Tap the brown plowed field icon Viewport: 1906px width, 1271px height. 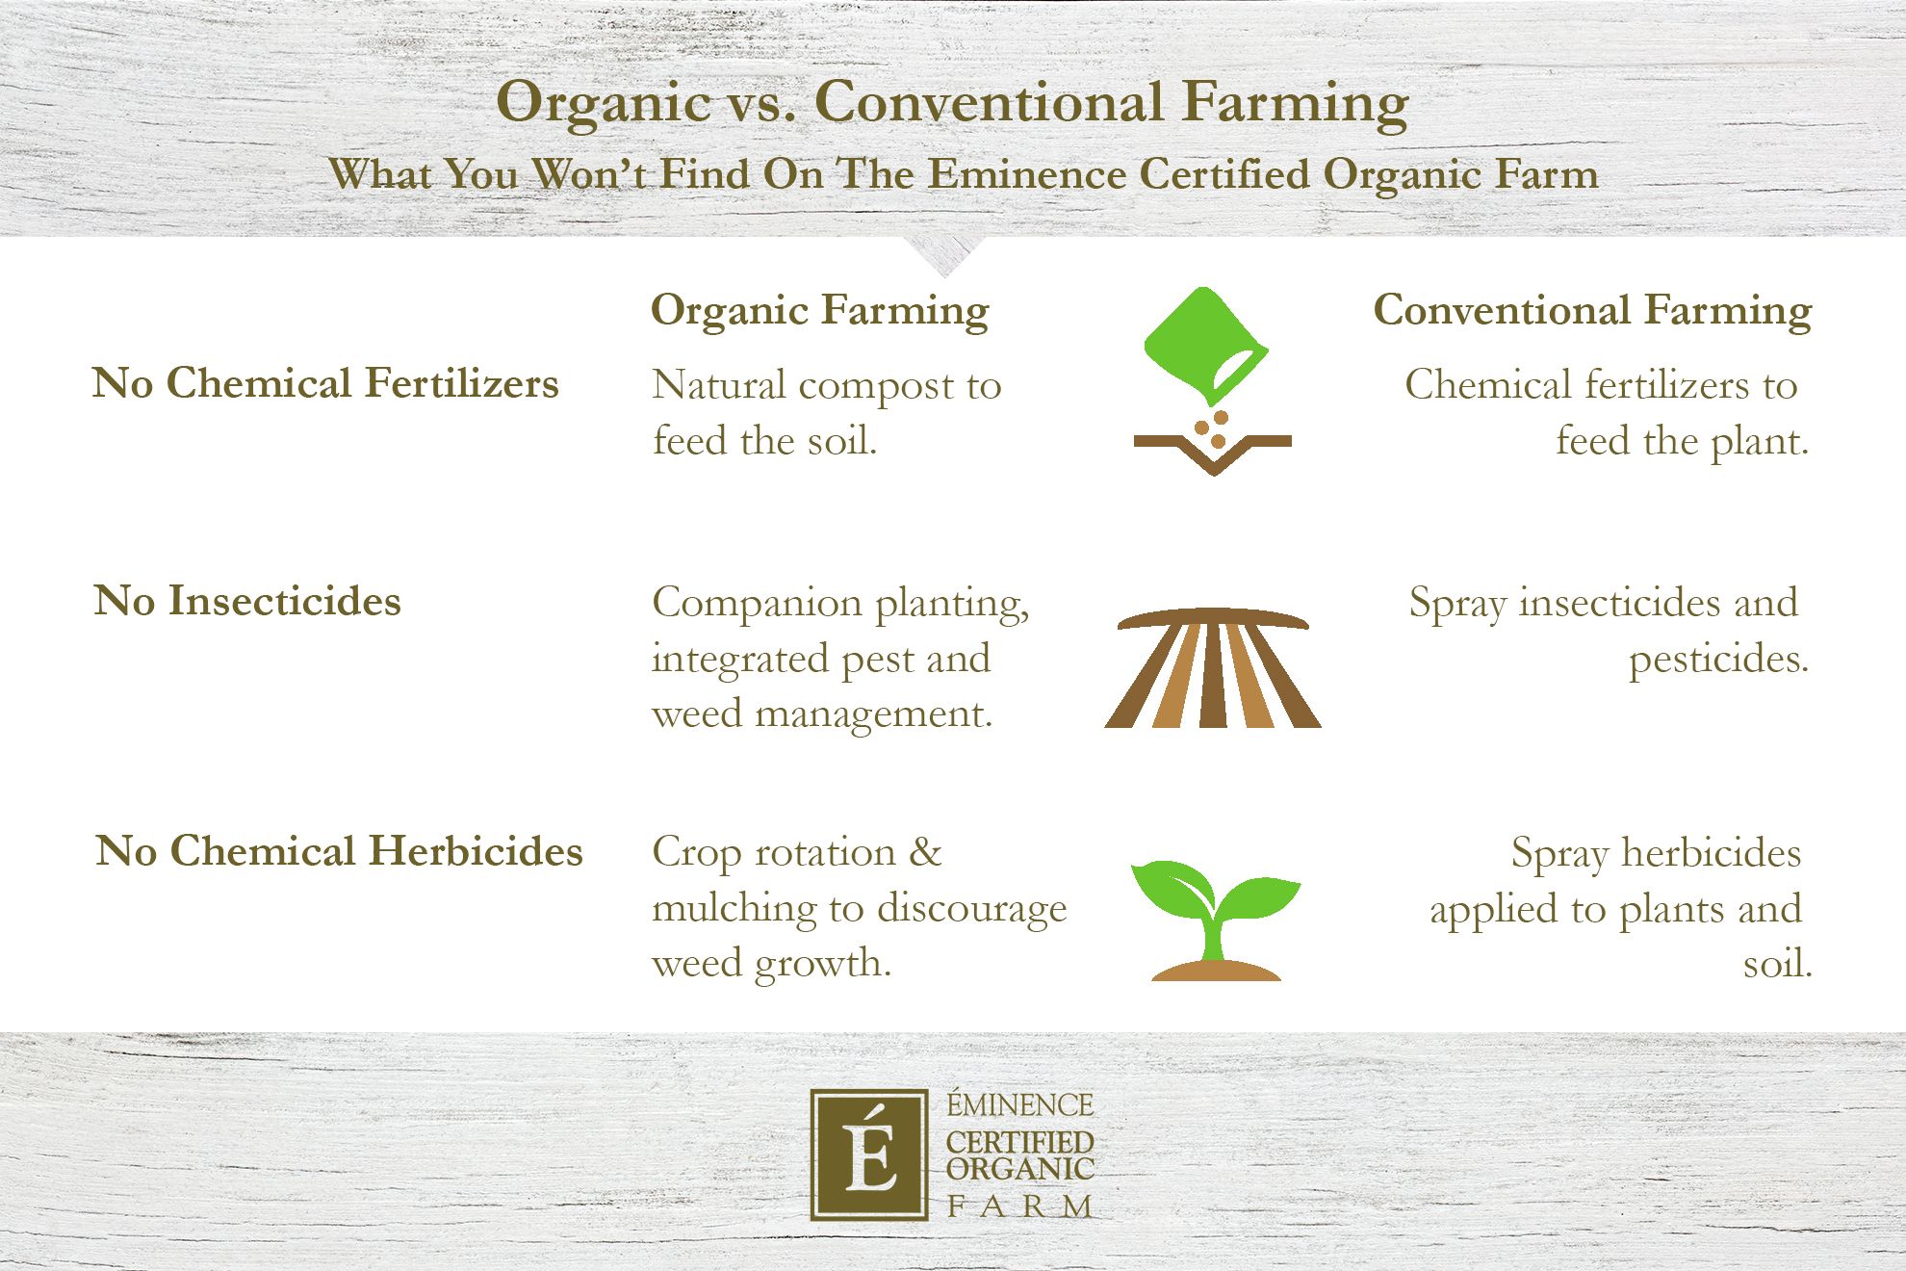pyautogui.click(x=1212, y=668)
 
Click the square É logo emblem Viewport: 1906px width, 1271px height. pyautogui.click(x=868, y=1154)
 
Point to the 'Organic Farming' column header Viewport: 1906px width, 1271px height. pyautogui.click(x=819, y=311)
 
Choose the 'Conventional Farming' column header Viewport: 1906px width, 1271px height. pyautogui.click(x=1592, y=311)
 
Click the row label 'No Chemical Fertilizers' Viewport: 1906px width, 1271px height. pyautogui.click(x=325, y=383)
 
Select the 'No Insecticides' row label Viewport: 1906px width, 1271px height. pyautogui.click(x=247, y=601)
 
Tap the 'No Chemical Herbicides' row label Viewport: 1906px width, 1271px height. pyautogui.click(x=340, y=851)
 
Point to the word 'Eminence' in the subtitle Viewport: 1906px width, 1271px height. pyautogui.click(x=1027, y=174)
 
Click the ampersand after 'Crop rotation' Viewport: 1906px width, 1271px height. pyautogui.click(x=925, y=852)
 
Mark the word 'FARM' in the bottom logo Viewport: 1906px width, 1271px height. pyautogui.click(x=1020, y=1206)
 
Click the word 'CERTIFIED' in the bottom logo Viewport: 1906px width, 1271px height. pyautogui.click(x=1020, y=1143)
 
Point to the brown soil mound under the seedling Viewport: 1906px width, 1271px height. pyautogui.click(x=1216, y=971)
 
